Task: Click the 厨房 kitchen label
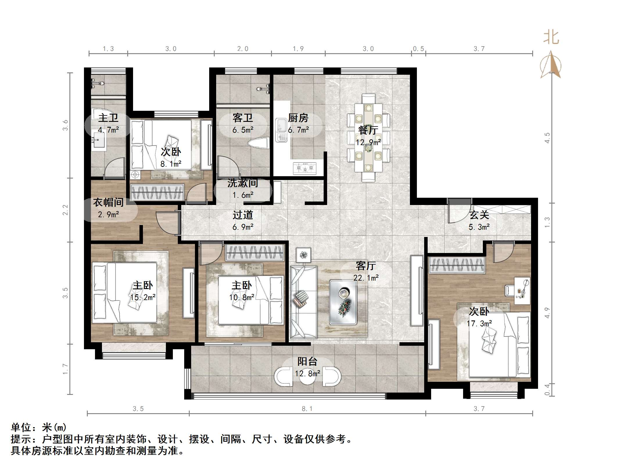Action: pyautogui.click(x=298, y=118)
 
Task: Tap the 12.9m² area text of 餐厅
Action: pyautogui.click(x=368, y=142)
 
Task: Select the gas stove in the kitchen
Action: pyautogui.click(x=304, y=168)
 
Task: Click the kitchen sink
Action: pyautogui.click(x=281, y=130)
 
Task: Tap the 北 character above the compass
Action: pyautogui.click(x=551, y=37)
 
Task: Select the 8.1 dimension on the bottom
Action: pyautogui.click(x=307, y=409)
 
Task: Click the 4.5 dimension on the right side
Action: pyautogui.click(x=547, y=138)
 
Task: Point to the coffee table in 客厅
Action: pyautogui.click(x=343, y=302)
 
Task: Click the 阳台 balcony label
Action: pyautogui.click(x=307, y=361)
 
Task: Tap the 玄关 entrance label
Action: pyautogui.click(x=479, y=215)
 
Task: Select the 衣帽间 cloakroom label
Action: pyautogui.click(x=108, y=202)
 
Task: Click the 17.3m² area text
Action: pyautogui.click(x=479, y=323)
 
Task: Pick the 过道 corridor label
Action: pyautogui.click(x=243, y=215)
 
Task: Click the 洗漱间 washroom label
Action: pyautogui.click(x=243, y=183)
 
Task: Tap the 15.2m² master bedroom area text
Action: pyautogui.click(x=143, y=297)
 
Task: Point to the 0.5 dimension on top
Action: pyautogui.click(x=419, y=49)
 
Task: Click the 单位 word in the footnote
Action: pyautogui.click(x=21, y=427)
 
